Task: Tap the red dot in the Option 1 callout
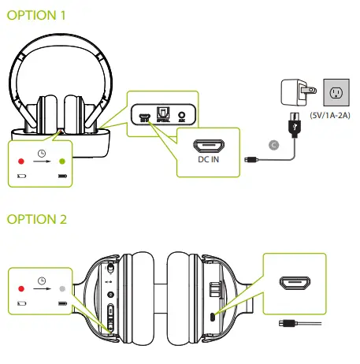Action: point(21,162)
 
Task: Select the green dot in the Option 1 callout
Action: point(62,162)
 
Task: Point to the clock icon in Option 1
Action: point(41,152)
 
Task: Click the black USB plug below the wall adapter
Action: point(291,126)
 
